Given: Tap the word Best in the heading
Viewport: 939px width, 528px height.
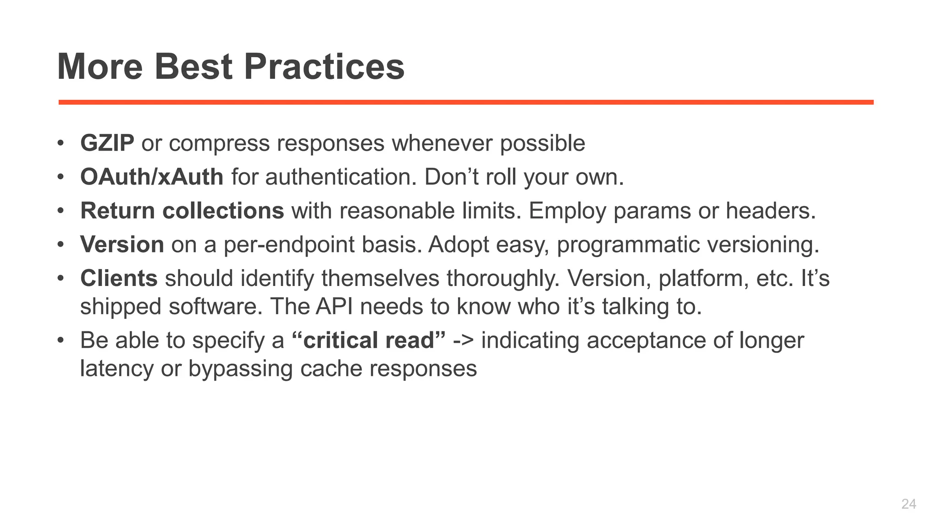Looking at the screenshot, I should tap(193, 67).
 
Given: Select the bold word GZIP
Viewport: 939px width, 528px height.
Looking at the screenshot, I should tap(107, 143).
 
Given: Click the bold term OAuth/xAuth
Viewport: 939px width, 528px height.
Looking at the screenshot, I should tap(152, 177).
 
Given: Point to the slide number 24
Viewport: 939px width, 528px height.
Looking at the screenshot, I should tap(908, 504).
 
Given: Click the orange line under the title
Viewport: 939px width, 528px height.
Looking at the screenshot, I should tap(466, 102).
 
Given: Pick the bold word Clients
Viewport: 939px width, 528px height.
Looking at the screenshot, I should tap(119, 278).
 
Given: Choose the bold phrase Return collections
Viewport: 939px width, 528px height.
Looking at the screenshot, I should tap(182, 211).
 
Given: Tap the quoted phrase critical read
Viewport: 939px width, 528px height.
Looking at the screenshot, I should tap(369, 340).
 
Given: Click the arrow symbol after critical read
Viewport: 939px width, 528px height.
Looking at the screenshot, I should tap(463, 341).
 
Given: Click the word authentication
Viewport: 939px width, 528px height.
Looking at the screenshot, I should tap(341, 177).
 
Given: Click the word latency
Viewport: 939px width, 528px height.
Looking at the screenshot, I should tap(116, 368).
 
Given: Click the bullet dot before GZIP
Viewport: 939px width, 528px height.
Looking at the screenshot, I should tap(60, 143).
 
